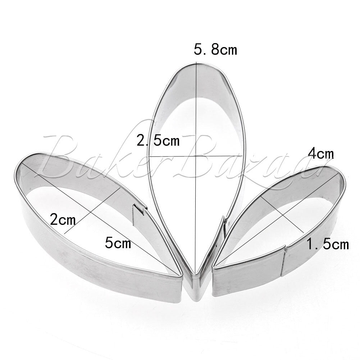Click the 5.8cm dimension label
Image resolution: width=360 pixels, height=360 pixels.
point(215,50)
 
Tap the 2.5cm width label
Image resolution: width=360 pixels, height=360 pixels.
point(158,140)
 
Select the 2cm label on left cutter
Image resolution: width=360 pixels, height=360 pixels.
point(63,219)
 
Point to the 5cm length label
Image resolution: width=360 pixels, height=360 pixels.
point(118,243)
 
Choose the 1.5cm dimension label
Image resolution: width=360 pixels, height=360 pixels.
point(328,244)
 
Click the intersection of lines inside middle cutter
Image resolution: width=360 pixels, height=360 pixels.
point(196,156)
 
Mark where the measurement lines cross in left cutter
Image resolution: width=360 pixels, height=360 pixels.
point(92,213)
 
